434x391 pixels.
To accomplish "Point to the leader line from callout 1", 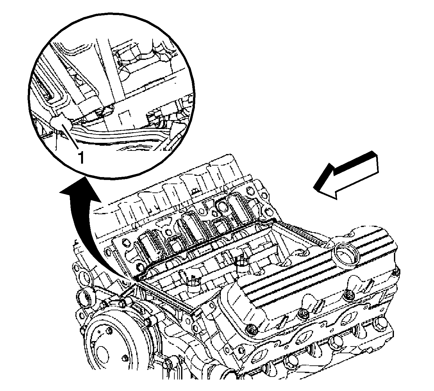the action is pyautogui.click(x=69, y=136).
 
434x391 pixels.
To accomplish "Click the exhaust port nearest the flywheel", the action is pyautogui.click(x=259, y=357).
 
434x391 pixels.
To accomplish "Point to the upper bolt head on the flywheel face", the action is pyautogui.click(x=109, y=331).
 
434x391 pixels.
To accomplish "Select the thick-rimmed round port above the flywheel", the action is pyautogui.click(x=84, y=299).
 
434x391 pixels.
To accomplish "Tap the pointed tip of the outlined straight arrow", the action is pyautogui.click(x=313, y=188).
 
